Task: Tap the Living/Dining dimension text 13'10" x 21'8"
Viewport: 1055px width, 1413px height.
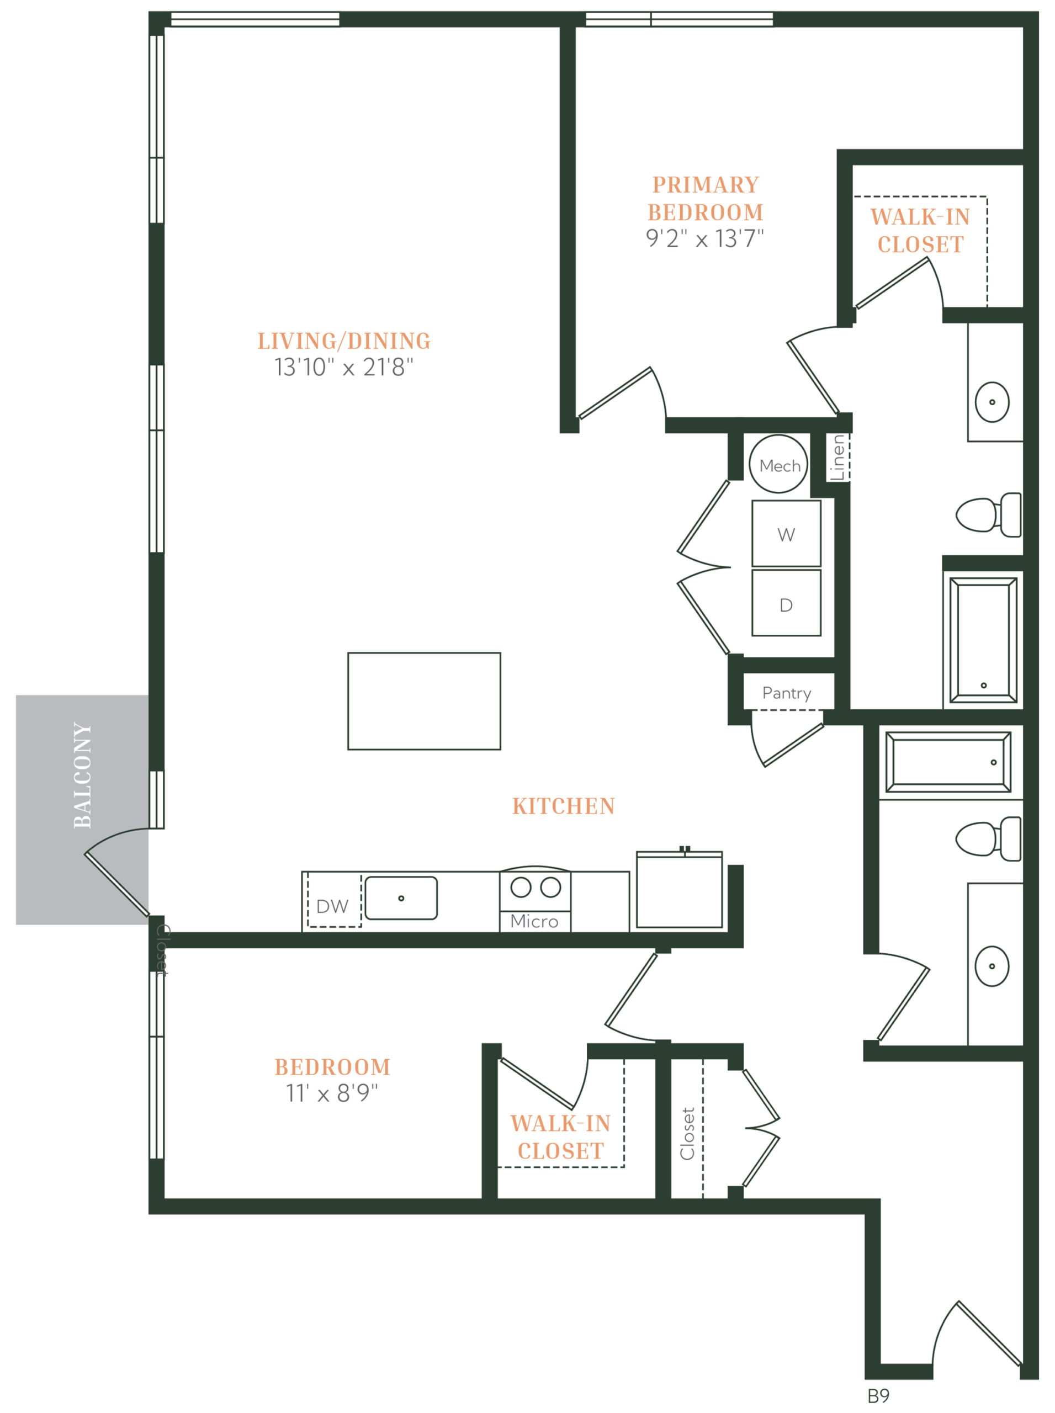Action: pyautogui.click(x=343, y=367)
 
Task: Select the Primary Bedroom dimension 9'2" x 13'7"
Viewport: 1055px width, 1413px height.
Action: pyautogui.click(x=704, y=238)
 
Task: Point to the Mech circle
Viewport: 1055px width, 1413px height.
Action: pyautogui.click(x=778, y=464)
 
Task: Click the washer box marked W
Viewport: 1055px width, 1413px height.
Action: pyautogui.click(x=786, y=534)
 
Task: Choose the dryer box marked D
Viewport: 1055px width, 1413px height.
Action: pyautogui.click(x=786, y=603)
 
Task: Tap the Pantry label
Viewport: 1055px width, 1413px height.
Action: pyautogui.click(x=787, y=693)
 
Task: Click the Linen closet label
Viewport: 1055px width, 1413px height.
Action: pyautogui.click(x=837, y=457)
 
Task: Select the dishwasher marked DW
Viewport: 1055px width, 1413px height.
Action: pyautogui.click(x=334, y=900)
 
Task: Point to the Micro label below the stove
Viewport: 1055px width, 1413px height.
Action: pyautogui.click(x=534, y=921)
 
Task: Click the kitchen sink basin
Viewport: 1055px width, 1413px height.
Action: pyautogui.click(x=401, y=897)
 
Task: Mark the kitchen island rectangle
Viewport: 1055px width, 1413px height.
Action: pyautogui.click(x=424, y=700)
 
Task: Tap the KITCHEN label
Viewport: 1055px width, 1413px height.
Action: pyautogui.click(x=563, y=806)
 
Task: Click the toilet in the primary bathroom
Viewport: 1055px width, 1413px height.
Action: pyautogui.click(x=988, y=514)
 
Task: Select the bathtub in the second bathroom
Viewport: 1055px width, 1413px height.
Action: pyautogui.click(x=948, y=762)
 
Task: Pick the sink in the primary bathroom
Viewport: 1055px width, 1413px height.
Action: pyautogui.click(x=992, y=402)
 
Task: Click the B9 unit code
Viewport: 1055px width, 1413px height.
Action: pyautogui.click(x=878, y=1396)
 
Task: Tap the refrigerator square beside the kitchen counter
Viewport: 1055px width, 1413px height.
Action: pyautogui.click(x=680, y=889)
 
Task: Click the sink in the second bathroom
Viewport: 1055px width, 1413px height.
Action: pyautogui.click(x=992, y=966)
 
